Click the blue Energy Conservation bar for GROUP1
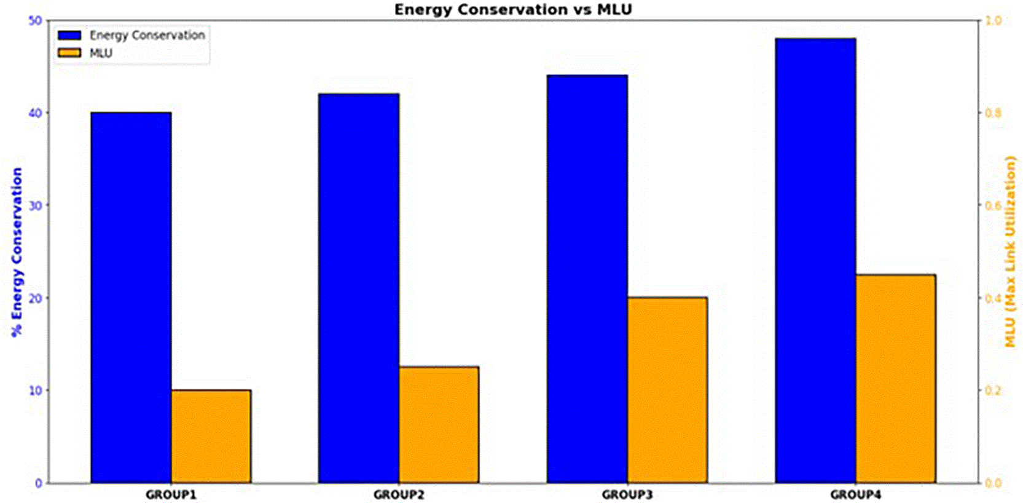(x=131, y=297)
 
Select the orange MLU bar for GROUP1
(x=211, y=436)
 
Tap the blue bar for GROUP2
(x=359, y=288)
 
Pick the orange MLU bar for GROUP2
(x=439, y=425)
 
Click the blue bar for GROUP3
(x=587, y=279)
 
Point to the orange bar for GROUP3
(x=668, y=390)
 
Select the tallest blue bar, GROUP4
(x=816, y=261)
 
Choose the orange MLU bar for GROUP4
(x=896, y=379)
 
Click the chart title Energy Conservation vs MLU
(x=513, y=10)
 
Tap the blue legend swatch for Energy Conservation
(x=69, y=35)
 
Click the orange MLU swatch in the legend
(x=69, y=53)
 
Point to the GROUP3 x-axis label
(x=627, y=495)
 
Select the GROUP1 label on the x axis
(x=171, y=495)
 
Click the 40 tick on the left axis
(x=35, y=113)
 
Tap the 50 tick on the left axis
(x=35, y=20)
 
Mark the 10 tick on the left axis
(x=35, y=390)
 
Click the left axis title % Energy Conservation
(x=17, y=252)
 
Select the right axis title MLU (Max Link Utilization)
(x=1011, y=252)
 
